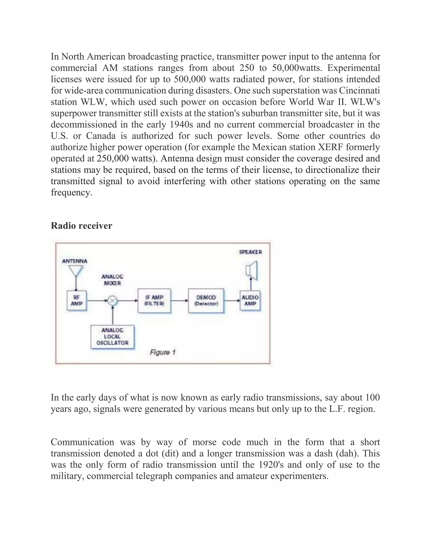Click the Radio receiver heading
[81, 226]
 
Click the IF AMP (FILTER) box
[154, 301]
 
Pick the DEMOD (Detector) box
[206, 301]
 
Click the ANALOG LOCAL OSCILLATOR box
[112, 337]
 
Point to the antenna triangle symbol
[76, 271]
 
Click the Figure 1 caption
[163, 352]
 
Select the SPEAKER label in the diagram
[250, 252]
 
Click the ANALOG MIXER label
[112, 280]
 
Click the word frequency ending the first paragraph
[71, 193]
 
